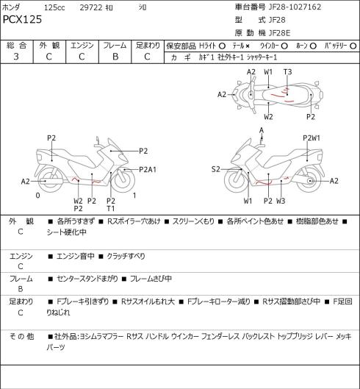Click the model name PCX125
(22, 19)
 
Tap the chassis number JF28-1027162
(295, 7)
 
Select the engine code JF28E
(279, 33)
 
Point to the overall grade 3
(16, 57)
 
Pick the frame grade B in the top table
(115, 57)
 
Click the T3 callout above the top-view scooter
(287, 72)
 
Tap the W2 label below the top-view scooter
(268, 117)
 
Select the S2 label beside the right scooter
(216, 169)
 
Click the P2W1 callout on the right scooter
(312, 138)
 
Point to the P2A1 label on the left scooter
(148, 169)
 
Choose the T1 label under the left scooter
(111, 209)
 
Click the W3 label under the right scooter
(281, 201)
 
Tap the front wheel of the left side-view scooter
(123, 180)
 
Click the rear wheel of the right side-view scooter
(309, 180)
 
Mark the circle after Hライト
(222, 46)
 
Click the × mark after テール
(248, 46)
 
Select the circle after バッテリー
(353, 46)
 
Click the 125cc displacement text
(54, 7)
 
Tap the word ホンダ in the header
(11, 7)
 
